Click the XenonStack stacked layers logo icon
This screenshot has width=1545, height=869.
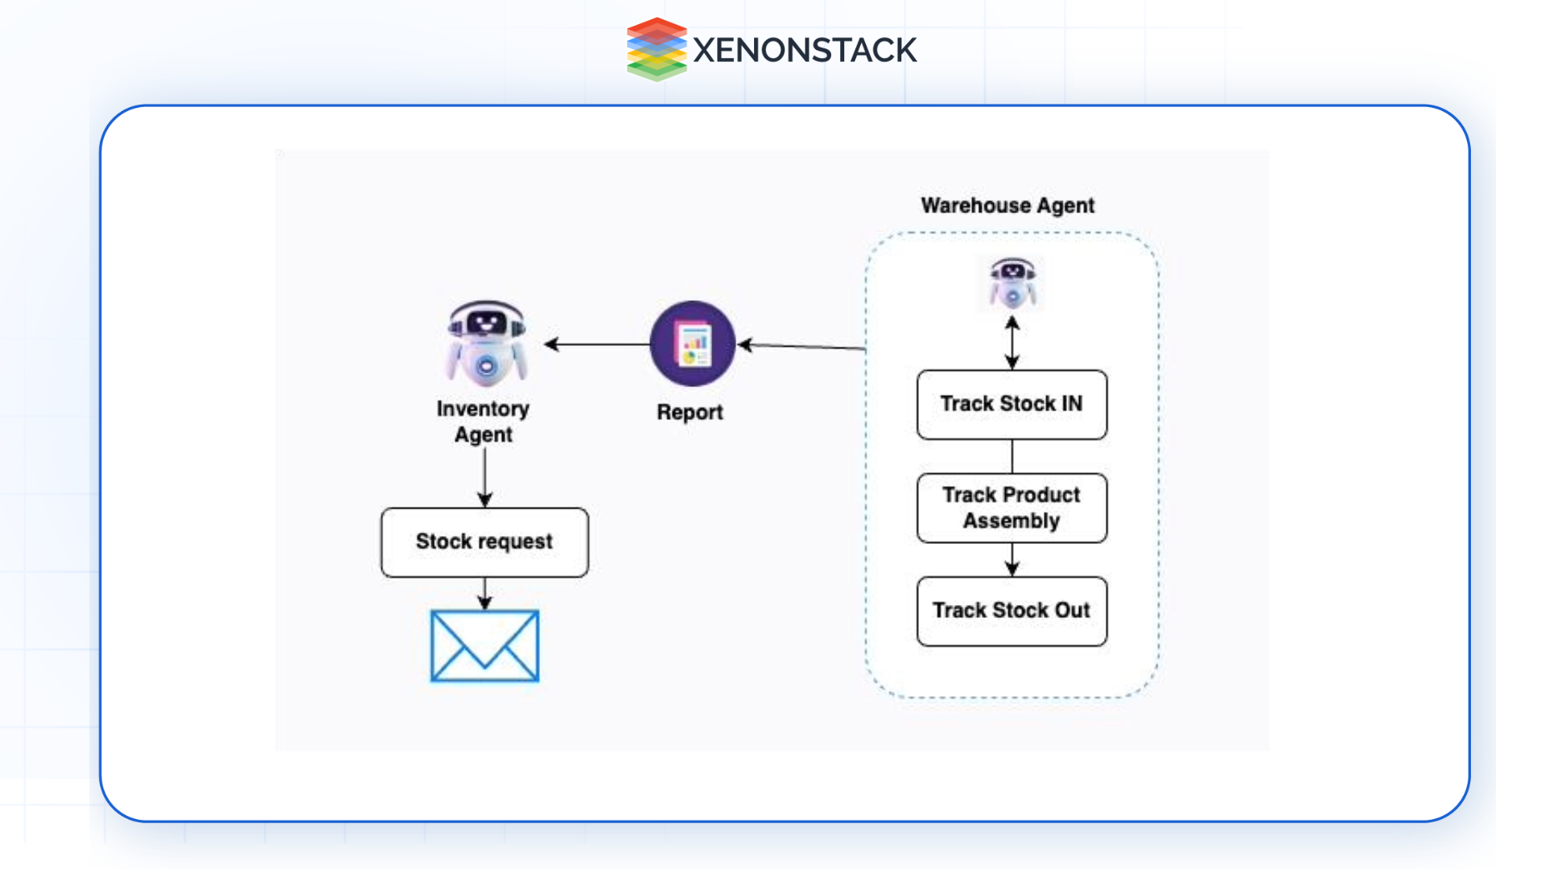[656, 50]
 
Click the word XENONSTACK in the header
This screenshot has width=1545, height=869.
[804, 51]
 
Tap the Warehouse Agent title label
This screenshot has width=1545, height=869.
[1007, 206]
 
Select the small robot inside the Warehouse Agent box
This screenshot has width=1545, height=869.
[1012, 284]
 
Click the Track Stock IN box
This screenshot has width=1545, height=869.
[1011, 404]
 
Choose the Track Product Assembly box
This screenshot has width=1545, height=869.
[1011, 508]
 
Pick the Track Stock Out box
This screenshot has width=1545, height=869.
[1011, 611]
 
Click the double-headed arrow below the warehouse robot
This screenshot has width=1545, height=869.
[1012, 343]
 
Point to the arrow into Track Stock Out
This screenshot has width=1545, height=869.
[1012, 560]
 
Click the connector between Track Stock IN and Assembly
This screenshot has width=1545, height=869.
[1012, 456]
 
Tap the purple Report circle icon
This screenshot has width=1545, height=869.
[692, 344]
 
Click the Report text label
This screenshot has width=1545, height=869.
[690, 412]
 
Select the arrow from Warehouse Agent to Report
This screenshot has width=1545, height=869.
[801, 346]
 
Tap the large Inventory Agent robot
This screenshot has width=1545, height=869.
[486, 343]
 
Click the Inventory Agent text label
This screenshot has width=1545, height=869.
[483, 422]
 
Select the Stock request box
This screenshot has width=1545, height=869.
[484, 542]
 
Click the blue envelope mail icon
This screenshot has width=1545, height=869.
[484, 646]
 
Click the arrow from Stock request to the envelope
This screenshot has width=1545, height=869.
[484, 594]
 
